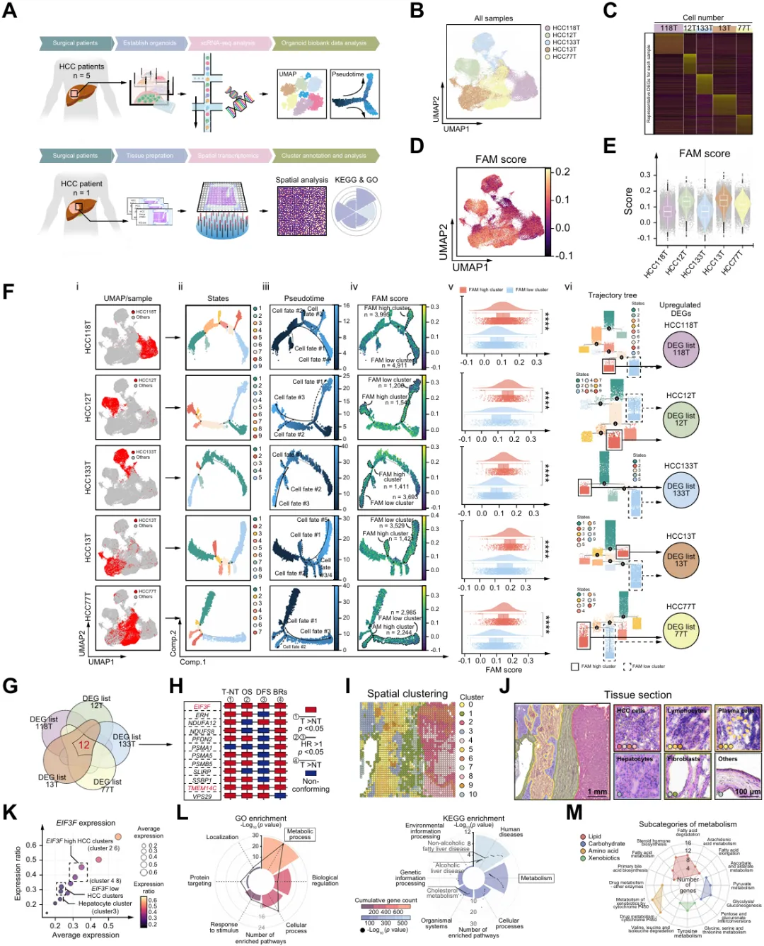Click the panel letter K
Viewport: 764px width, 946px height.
click(10, 812)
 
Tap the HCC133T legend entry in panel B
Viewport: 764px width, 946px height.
click(565, 42)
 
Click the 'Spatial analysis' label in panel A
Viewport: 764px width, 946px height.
click(301, 180)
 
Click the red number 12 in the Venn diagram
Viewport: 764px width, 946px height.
click(84, 745)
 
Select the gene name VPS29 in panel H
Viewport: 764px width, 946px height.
click(202, 797)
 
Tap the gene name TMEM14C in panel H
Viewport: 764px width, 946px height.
click(202, 788)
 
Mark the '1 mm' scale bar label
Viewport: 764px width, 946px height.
click(597, 792)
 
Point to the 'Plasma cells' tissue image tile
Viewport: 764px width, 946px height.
click(738, 727)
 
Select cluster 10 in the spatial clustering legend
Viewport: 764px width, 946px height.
click(472, 794)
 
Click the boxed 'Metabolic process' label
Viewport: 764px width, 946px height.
click(300, 834)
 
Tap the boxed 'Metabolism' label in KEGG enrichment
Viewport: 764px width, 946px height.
click(536, 878)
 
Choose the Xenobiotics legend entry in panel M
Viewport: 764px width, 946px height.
click(603, 858)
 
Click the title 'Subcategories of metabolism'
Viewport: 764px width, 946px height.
click(688, 824)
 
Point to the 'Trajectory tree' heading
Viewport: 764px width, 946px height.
click(612, 295)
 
